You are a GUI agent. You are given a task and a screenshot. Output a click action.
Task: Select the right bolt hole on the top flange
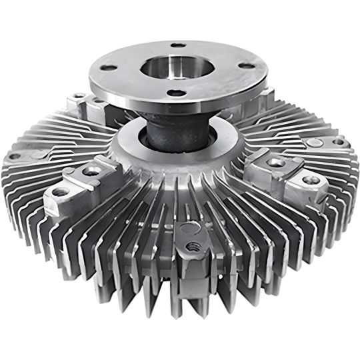[x=247, y=65]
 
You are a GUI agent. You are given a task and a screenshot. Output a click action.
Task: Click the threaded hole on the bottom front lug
[x=194, y=246]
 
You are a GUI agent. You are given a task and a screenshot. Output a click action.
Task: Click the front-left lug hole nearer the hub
[x=91, y=171]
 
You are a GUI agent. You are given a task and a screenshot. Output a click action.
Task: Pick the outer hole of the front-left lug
[x=61, y=192]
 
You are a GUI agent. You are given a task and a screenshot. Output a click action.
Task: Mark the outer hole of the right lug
[x=309, y=180]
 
